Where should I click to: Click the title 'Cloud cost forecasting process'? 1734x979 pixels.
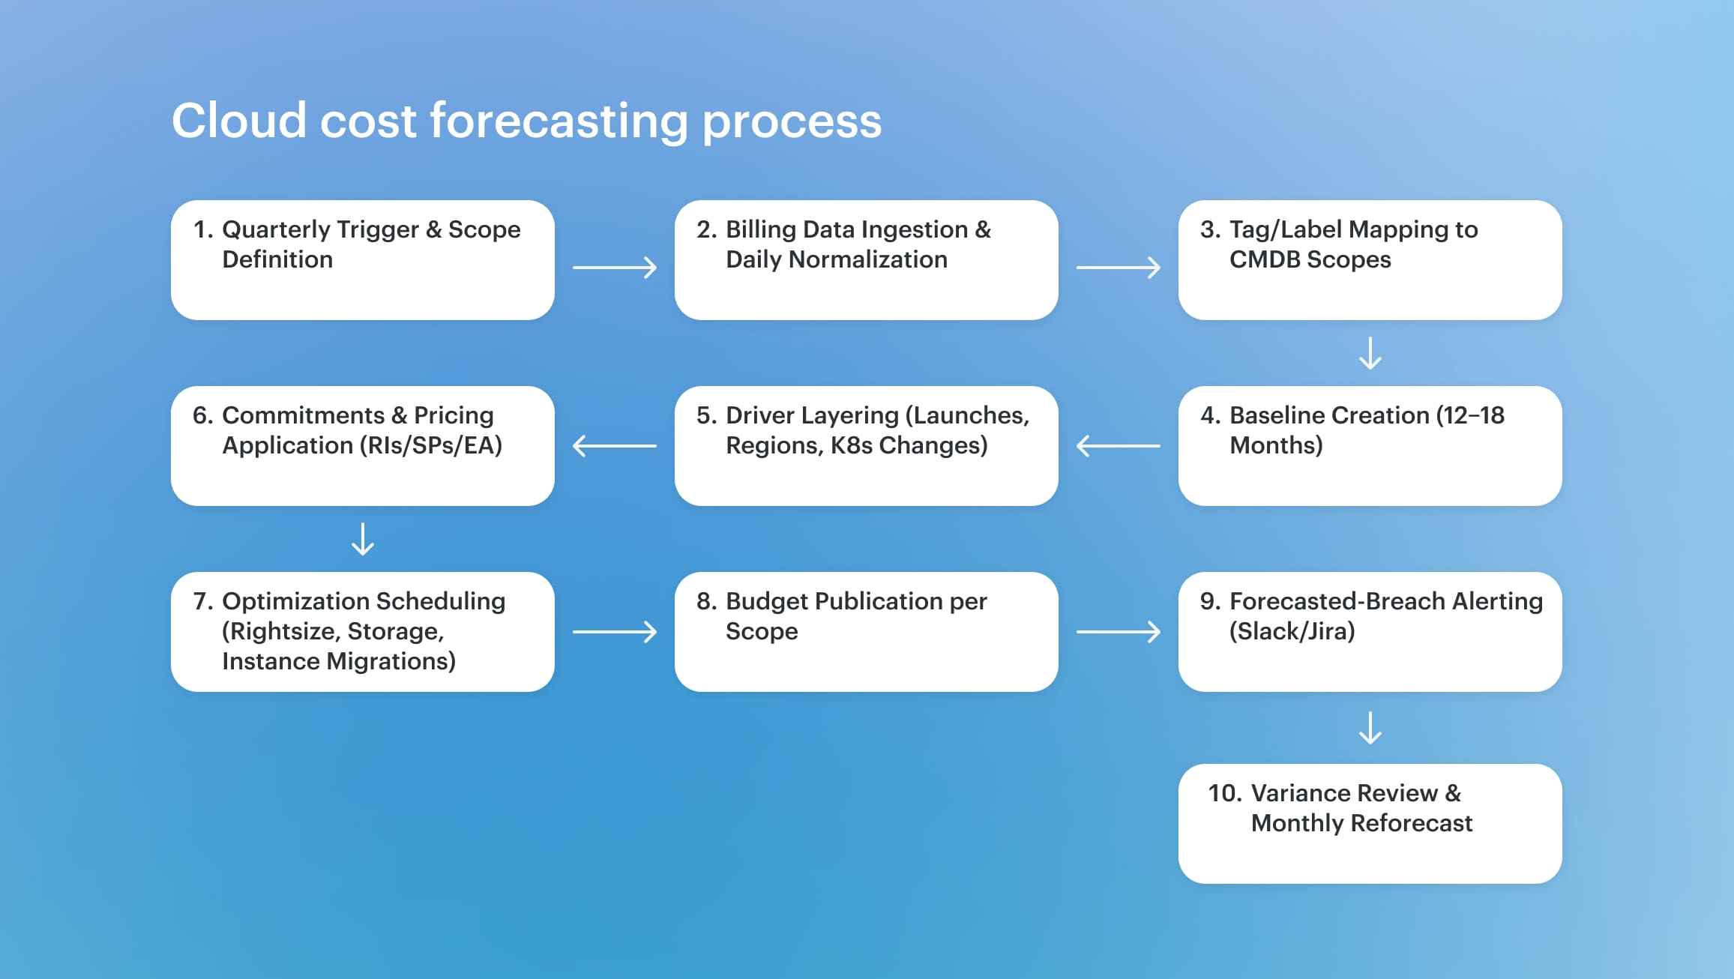[526, 121]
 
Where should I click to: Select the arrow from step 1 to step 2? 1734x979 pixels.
[615, 268]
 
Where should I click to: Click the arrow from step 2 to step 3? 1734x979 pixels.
[1119, 268]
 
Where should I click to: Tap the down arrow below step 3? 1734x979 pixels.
[1370, 353]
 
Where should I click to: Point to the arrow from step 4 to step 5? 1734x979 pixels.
[1119, 446]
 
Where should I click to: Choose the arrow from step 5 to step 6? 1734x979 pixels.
[615, 446]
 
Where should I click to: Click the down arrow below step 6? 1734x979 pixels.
[363, 539]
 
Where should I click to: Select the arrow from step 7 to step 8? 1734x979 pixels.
[615, 632]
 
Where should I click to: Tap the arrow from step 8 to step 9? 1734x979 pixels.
[1119, 632]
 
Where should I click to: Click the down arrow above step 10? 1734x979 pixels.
[1370, 728]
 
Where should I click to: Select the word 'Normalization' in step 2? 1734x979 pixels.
[868, 259]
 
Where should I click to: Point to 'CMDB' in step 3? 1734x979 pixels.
[1265, 259]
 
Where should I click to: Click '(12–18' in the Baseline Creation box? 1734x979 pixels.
[1470, 415]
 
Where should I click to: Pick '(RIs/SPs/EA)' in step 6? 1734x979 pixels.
[431, 446]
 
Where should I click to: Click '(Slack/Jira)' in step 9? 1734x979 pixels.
[1292, 632]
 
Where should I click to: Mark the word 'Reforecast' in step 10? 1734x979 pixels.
[1412, 823]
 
